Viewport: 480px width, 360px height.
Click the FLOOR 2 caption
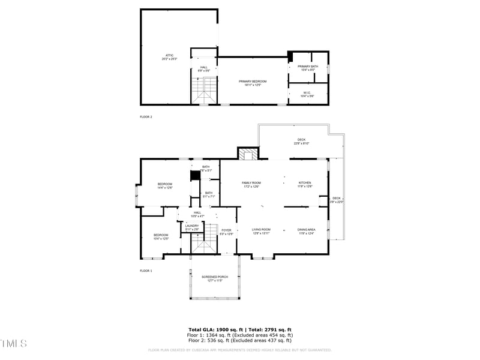[146, 116]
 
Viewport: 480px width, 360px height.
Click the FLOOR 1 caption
[146, 271]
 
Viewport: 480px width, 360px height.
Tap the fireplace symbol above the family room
[247, 154]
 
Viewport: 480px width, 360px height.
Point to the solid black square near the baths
[194, 176]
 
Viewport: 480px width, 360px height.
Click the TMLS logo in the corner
[14, 343]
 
